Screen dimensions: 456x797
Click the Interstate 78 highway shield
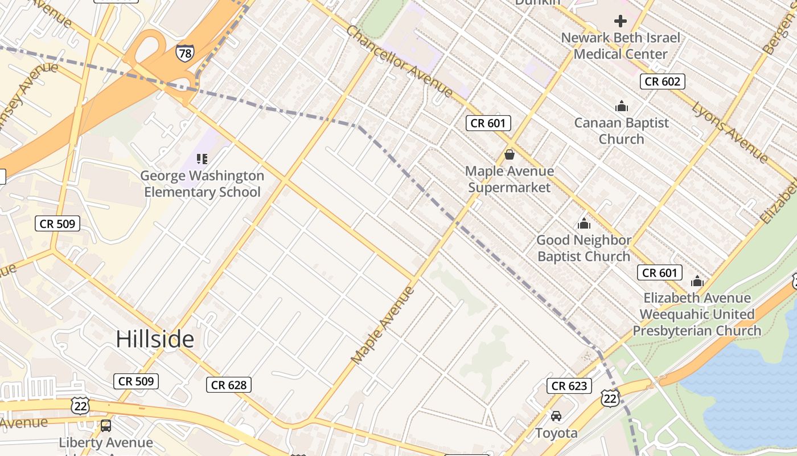tap(184, 52)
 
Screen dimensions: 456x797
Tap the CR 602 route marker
tap(662, 82)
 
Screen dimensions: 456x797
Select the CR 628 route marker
tap(228, 385)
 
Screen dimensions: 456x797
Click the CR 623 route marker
tap(569, 386)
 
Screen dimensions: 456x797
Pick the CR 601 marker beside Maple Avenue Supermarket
tap(488, 123)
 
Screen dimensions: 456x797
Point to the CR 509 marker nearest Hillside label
tap(135, 381)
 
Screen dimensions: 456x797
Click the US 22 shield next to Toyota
tap(610, 398)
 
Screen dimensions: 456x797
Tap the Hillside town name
tap(155, 339)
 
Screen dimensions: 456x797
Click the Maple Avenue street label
tap(383, 325)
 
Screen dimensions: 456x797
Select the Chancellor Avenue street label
tap(399, 61)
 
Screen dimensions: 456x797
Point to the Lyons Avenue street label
tap(730, 132)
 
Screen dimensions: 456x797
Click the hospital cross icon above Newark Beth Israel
tap(621, 22)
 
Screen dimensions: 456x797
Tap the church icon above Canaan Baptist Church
tap(621, 106)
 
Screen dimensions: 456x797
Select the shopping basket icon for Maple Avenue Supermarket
tap(509, 154)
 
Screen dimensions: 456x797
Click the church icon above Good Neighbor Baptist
tap(584, 223)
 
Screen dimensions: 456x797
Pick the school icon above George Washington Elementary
tap(202, 159)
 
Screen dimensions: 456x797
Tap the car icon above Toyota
tap(556, 416)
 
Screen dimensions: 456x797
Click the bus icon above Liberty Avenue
tap(106, 425)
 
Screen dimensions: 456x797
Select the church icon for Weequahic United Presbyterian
tap(697, 281)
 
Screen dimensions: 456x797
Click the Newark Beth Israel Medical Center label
tap(621, 46)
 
